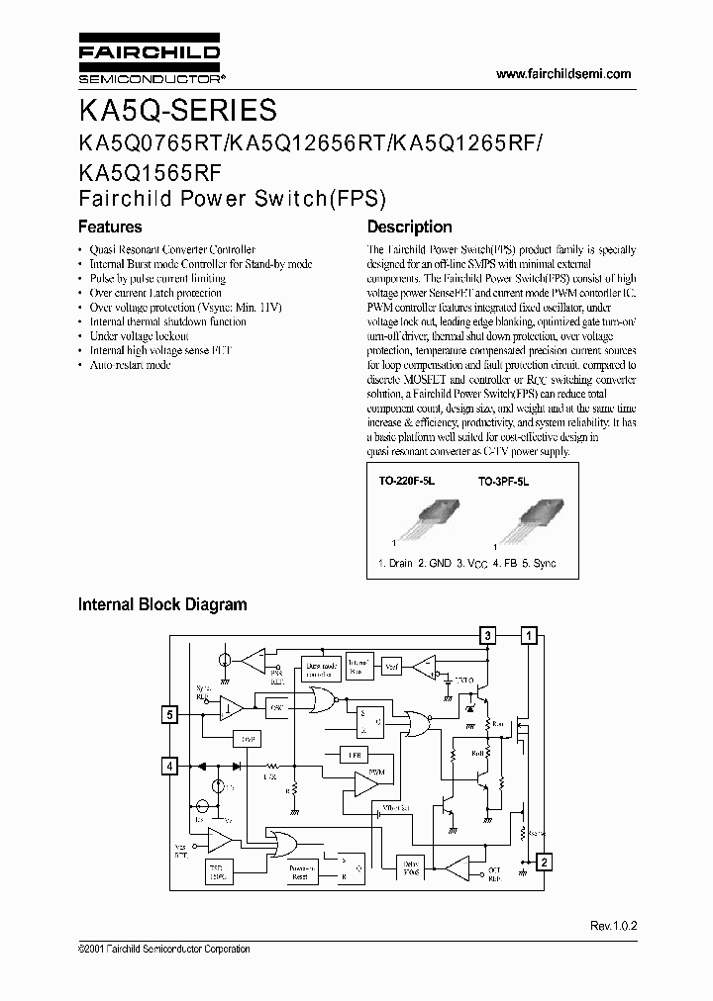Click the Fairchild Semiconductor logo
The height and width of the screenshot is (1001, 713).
149,60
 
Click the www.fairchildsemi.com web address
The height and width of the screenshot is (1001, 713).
561,74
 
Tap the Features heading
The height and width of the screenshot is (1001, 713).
110,227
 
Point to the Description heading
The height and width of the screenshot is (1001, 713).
409,227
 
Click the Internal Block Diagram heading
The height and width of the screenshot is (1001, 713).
162,604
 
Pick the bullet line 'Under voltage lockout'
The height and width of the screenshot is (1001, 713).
138,336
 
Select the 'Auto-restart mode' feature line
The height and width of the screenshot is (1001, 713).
130,365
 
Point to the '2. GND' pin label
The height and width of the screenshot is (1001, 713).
436,562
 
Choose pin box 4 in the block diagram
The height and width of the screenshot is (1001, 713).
170,766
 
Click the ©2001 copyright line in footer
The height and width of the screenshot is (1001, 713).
163,950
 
